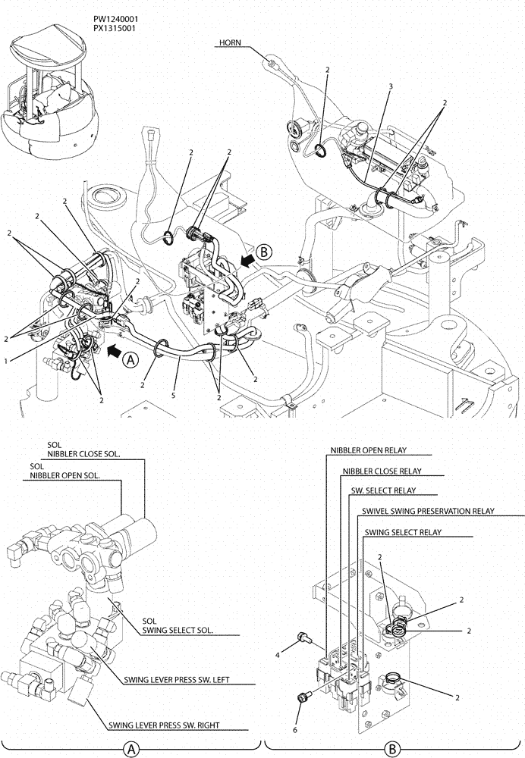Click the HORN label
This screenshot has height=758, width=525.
click(x=230, y=43)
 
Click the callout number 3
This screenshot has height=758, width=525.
click(x=390, y=86)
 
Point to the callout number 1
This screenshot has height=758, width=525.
click(x=5, y=362)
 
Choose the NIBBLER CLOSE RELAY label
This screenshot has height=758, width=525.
click(x=381, y=471)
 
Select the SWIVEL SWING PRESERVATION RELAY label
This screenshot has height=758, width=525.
click(x=428, y=512)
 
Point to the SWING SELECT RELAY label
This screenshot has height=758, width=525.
click(x=402, y=532)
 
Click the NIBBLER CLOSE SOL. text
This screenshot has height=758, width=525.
click(x=86, y=455)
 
